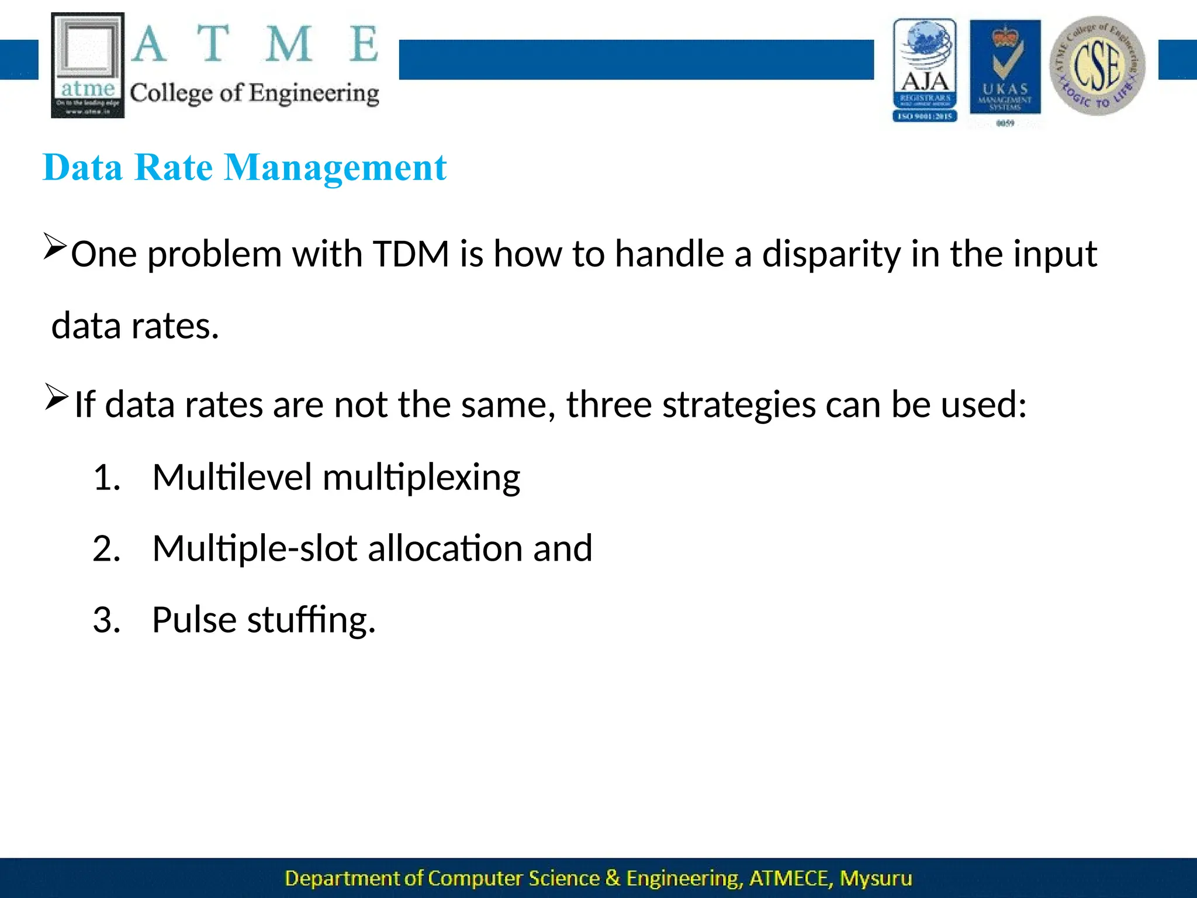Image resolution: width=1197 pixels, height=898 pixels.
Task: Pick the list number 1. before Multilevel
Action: [106, 477]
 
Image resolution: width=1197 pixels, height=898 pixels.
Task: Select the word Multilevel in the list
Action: [232, 477]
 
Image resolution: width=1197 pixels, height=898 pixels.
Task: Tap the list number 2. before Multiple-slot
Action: [106, 548]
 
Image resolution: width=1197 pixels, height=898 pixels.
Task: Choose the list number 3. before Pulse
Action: [106, 620]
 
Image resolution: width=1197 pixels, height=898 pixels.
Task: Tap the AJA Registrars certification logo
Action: [925, 70]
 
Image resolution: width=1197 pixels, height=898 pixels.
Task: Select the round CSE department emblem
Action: [1097, 65]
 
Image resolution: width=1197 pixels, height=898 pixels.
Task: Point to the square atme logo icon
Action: [88, 65]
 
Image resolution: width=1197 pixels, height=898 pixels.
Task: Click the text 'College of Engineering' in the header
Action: [254, 94]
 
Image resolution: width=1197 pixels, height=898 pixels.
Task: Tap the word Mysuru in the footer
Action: [876, 878]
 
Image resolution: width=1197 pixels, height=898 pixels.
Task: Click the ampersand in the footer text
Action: [613, 878]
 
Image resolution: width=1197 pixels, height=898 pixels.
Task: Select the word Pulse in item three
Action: [194, 620]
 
